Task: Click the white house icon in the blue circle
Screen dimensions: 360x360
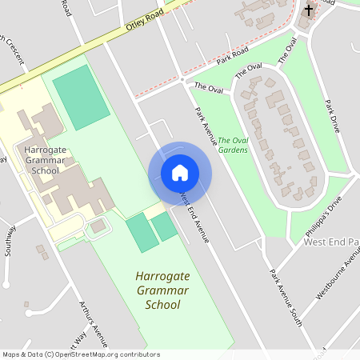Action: click(x=180, y=172)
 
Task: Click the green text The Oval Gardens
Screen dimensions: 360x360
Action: click(x=233, y=145)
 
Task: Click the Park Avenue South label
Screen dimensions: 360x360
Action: click(x=286, y=297)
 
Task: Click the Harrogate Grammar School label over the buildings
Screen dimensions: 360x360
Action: click(x=42, y=160)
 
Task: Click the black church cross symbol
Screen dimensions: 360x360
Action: click(x=309, y=10)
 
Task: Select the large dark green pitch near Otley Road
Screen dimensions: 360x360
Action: click(x=81, y=98)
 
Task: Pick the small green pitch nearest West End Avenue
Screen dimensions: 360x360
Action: click(x=165, y=227)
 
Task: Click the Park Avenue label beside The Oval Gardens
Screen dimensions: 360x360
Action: click(x=206, y=125)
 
